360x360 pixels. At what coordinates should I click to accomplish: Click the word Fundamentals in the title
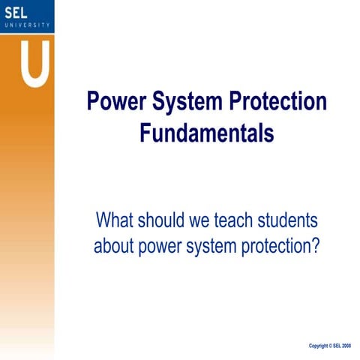coord(207,133)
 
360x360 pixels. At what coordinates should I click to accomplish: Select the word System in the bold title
coord(190,102)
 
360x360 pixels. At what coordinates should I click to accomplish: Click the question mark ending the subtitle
coord(316,246)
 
